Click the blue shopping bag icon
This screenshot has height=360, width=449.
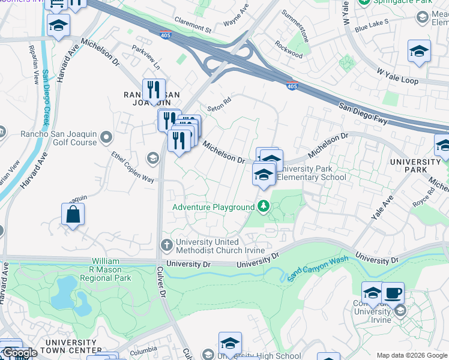[73, 214]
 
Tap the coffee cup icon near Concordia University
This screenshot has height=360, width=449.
[393, 293]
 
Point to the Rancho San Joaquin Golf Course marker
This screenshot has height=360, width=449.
[107, 138]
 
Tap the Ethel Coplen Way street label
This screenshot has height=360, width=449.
[133, 166]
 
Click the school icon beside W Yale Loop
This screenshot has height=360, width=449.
[419, 52]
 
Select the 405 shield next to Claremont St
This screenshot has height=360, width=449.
[166, 35]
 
